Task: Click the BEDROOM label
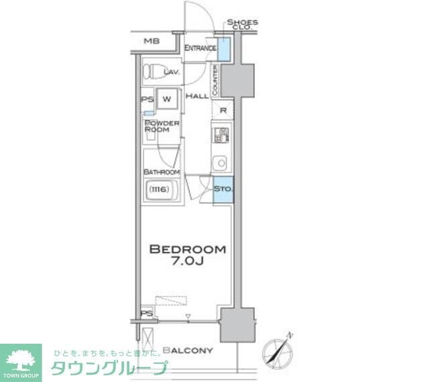pos(187,249)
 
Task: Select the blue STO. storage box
pos(223,189)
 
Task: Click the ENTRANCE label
pos(200,48)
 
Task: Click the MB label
pos(151,42)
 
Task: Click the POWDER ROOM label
pos(162,126)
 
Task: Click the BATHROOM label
pos(162,172)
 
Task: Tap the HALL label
pos(196,97)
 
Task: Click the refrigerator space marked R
pos(222,111)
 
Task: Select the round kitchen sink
pos(220,162)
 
